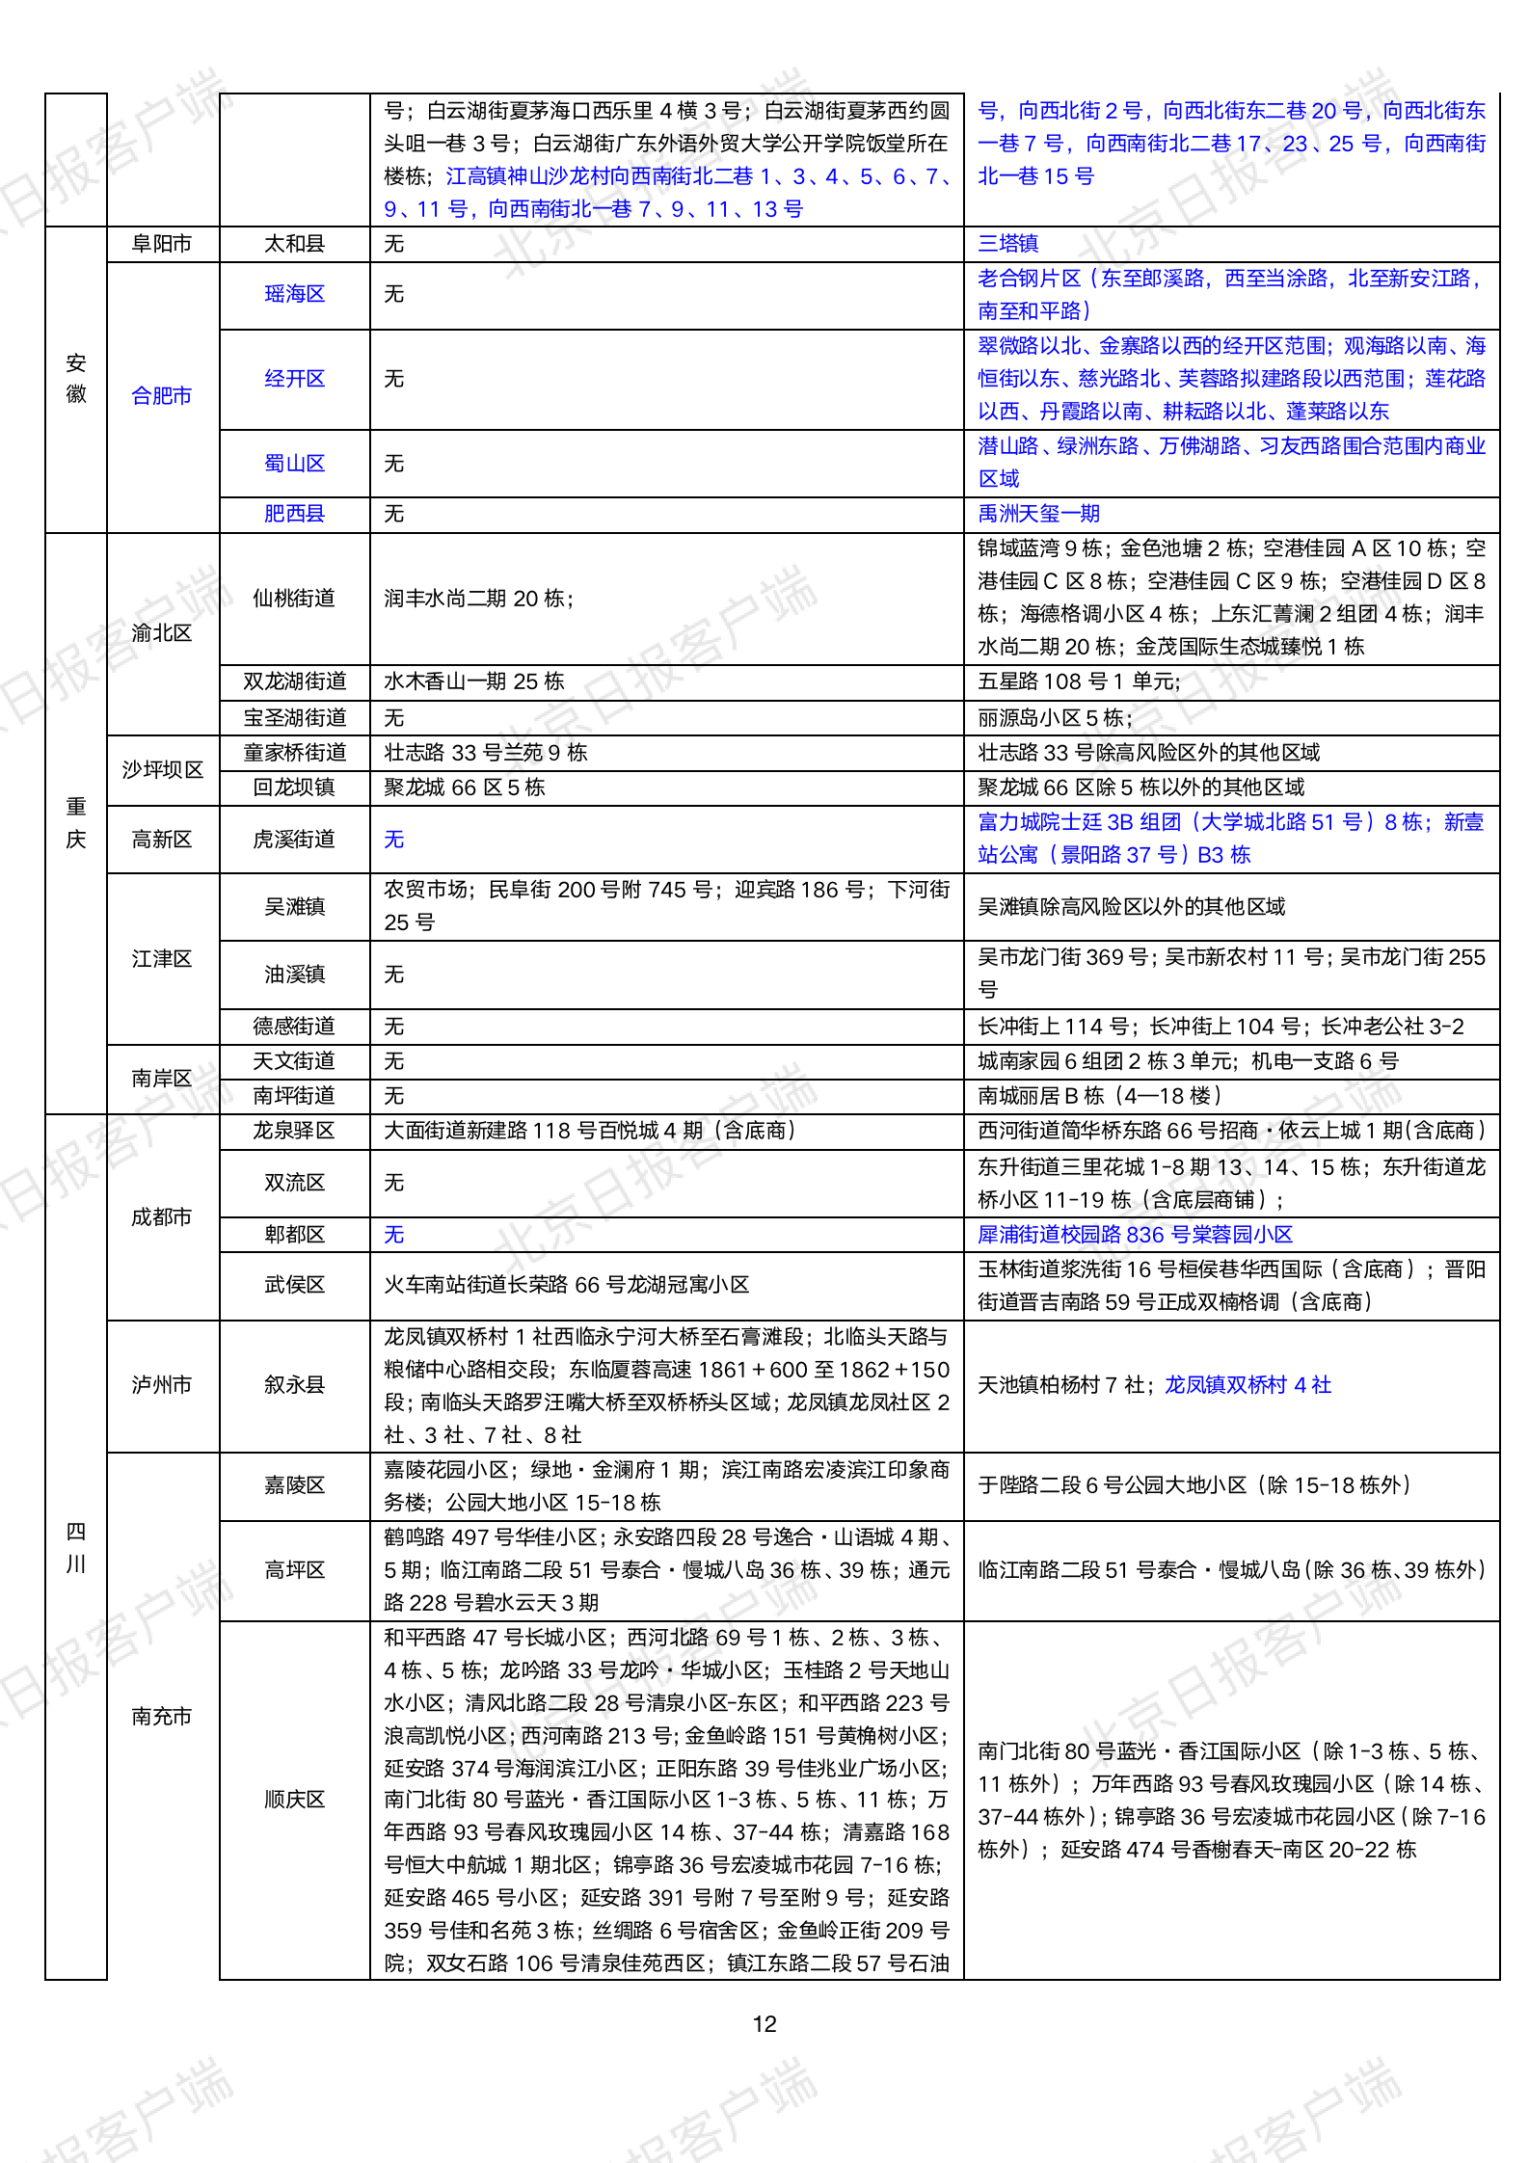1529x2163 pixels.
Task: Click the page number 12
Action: (764, 2023)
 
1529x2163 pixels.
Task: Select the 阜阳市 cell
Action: (162, 244)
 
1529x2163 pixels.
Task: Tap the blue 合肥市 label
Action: (162, 395)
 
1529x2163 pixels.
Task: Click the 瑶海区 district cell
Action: (294, 294)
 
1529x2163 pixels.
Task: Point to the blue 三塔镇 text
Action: (1008, 244)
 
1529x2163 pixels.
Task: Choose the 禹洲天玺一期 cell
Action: (1039, 514)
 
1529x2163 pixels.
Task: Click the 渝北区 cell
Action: (162, 633)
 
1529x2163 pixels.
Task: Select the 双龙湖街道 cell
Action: (294, 681)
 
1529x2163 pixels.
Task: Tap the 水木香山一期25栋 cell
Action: (474, 681)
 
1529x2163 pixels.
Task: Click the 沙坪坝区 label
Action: (162, 770)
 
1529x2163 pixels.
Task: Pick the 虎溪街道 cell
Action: (294, 840)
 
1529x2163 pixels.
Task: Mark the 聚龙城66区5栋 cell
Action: (465, 788)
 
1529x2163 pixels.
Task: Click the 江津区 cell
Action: (162, 959)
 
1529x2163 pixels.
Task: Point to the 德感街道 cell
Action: (294, 1027)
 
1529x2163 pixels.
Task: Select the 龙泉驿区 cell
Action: (294, 1131)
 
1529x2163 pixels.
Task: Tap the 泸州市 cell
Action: (162, 1385)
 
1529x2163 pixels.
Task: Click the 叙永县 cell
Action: (294, 1385)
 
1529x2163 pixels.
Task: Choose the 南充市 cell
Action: (162, 1717)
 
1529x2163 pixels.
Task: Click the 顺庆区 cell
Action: (294, 1800)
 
